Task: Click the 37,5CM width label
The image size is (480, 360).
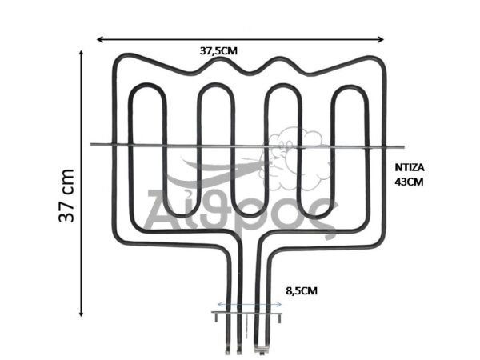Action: click(x=218, y=51)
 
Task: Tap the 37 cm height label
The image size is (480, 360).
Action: click(x=66, y=196)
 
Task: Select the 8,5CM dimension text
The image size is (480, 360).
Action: click(x=302, y=291)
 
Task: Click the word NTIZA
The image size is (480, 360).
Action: click(x=410, y=168)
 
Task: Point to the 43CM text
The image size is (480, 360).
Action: click(x=409, y=182)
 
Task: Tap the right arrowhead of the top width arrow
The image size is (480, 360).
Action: click(x=382, y=39)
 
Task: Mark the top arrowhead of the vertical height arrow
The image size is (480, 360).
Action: click(x=81, y=52)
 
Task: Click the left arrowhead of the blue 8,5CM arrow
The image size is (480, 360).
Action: click(x=218, y=304)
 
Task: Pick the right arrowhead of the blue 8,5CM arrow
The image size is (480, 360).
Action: click(x=280, y=304)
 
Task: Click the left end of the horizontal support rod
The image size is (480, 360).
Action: click(x=91, y=144)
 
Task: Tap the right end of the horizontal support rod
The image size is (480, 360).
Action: click(x=403, y=147)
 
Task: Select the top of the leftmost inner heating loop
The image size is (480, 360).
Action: click(x=147, y=86)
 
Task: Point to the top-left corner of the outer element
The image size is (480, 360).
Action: click(x=118, y=58)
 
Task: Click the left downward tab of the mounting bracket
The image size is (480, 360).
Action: click(x=215, y=318)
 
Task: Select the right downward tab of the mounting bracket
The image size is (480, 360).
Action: click(x=279, y=318)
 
